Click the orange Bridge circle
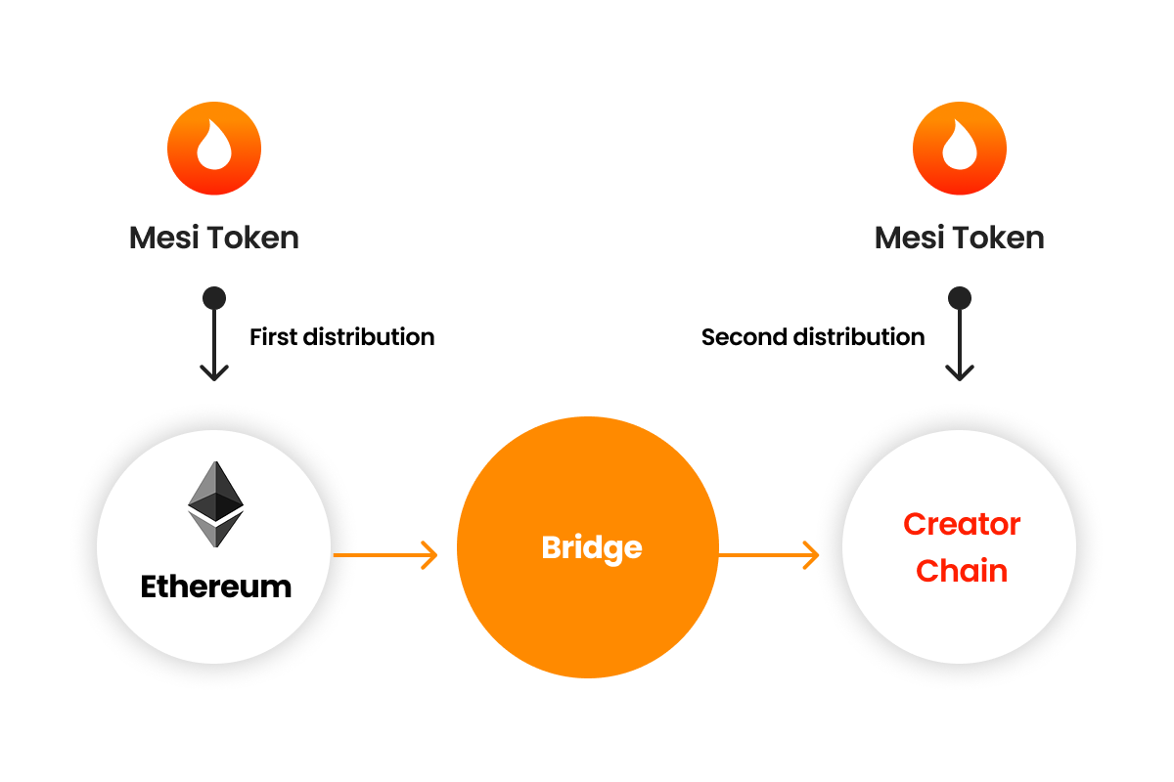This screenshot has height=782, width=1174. pos(588,606)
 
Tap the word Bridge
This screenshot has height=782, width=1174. pos(592,547)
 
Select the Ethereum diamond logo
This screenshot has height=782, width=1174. pos(215,503)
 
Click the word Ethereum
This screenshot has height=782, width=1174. pos(216,586)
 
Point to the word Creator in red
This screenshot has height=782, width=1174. pos(962,524)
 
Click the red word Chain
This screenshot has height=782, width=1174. pos(962,571)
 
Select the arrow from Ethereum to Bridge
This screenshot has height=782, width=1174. pos(385,555)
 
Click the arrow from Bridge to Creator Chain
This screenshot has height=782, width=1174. pos(769,555)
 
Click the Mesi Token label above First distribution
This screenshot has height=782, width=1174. pos(214,238)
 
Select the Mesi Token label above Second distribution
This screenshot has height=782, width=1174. pos(960,238)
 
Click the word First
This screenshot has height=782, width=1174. pos(273,337)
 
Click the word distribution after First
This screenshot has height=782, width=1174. pos(369,337)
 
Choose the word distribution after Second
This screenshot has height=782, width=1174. pos(858,337)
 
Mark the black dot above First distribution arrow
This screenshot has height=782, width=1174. pos(214,297)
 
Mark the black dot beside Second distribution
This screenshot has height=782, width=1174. pos(960,297)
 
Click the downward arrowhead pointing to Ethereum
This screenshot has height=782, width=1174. pos(214,371)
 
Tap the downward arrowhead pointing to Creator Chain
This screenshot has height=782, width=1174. pos(960,371)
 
